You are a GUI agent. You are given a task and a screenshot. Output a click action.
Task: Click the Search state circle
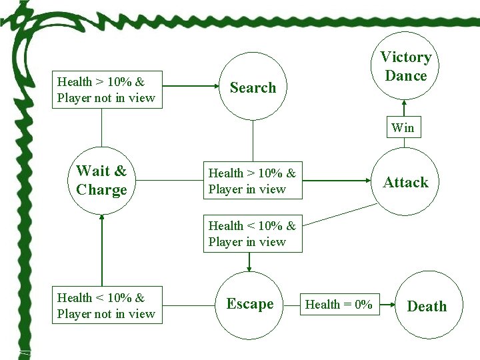point(253,87)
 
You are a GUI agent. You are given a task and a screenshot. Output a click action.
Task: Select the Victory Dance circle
point(405,66)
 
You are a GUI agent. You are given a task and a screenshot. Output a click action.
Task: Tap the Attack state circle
point(405,182)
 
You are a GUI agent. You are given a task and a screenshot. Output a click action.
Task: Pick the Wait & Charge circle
point(101,181)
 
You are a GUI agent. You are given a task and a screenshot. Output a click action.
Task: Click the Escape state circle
point(250,304)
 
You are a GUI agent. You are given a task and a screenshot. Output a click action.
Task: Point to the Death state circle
point(427,306)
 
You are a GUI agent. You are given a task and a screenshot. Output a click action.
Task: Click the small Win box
point(403,127)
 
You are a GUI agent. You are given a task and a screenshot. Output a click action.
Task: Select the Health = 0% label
point(339,305)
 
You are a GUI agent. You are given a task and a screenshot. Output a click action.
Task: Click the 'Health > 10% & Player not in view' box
point(107,90)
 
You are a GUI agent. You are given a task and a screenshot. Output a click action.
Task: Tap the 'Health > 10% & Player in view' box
point(253,181)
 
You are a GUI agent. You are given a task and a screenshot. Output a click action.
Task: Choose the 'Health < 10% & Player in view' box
point(253,234)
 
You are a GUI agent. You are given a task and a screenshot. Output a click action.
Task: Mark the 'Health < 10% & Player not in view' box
point(107,306)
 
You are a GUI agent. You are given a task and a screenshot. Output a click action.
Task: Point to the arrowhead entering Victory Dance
point(403,103)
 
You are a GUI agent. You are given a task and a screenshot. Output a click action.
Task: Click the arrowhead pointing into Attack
point(367,181)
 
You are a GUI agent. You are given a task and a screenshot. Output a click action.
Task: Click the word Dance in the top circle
point(405,76)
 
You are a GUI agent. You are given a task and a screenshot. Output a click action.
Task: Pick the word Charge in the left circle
point(101,190)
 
